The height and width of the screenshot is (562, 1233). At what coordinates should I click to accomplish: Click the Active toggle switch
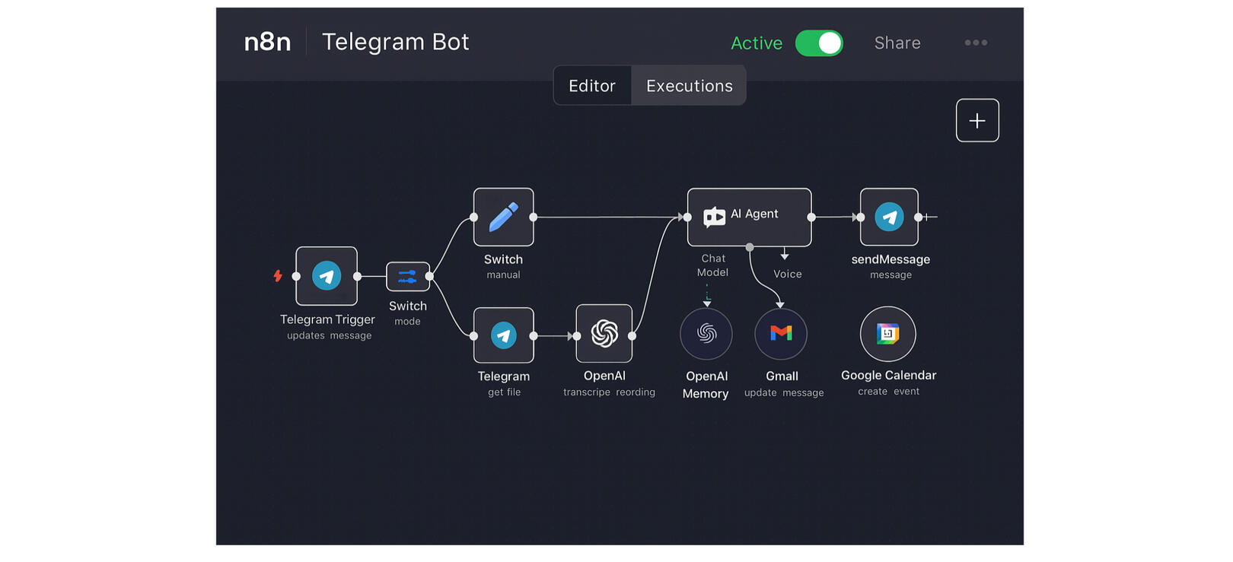point(819,43)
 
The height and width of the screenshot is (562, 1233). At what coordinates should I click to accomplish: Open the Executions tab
point(689,86)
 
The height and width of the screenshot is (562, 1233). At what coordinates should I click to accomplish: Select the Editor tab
point(592,86)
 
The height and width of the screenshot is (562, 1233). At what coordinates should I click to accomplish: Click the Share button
point(897,43)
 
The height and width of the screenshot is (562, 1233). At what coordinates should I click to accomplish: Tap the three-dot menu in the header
point(976,43)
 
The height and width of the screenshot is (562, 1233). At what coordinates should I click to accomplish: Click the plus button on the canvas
point(977,120)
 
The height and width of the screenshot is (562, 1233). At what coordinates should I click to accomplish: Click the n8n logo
point(267,42)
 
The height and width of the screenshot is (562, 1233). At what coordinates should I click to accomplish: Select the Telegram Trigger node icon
point(327,275)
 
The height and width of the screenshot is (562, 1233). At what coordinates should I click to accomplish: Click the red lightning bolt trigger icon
point(278,275)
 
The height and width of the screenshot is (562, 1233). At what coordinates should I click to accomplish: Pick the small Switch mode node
point(407,276)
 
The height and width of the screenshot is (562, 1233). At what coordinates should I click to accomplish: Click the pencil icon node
point(503,217)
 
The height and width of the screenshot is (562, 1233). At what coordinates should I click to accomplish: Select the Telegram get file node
point(503,335)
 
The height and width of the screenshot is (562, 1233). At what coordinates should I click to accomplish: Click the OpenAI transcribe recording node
point(604,334)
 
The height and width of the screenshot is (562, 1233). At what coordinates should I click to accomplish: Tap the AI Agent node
point(749,217)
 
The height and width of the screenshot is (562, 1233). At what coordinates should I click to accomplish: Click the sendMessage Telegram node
point(889,217)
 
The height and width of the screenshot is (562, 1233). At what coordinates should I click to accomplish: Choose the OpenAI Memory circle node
point(706,334)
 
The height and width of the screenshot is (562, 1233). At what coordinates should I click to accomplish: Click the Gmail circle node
point(781,334)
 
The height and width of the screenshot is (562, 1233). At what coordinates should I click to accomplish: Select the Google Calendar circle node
point(887,334)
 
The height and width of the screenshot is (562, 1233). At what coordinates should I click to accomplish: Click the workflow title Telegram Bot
point(395,42)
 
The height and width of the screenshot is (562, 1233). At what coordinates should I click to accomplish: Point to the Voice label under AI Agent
point(787,275)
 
